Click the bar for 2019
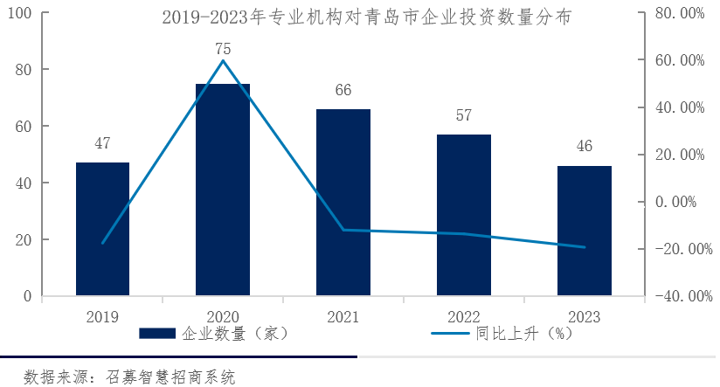tap(102, 229)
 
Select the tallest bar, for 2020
tap(223, 190)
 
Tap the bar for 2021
tap(343, 203)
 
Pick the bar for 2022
tap(463, 215)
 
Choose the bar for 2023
tap(584, 231)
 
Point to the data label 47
tap(102, 144)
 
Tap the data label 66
tap(343, 91)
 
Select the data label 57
tap(463, 116)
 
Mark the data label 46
tap(584, 147)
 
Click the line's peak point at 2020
tap(223, 60)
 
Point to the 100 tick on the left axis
tap(19, 13)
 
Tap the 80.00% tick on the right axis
tap(679, 13)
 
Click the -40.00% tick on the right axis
tap(676, 296)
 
